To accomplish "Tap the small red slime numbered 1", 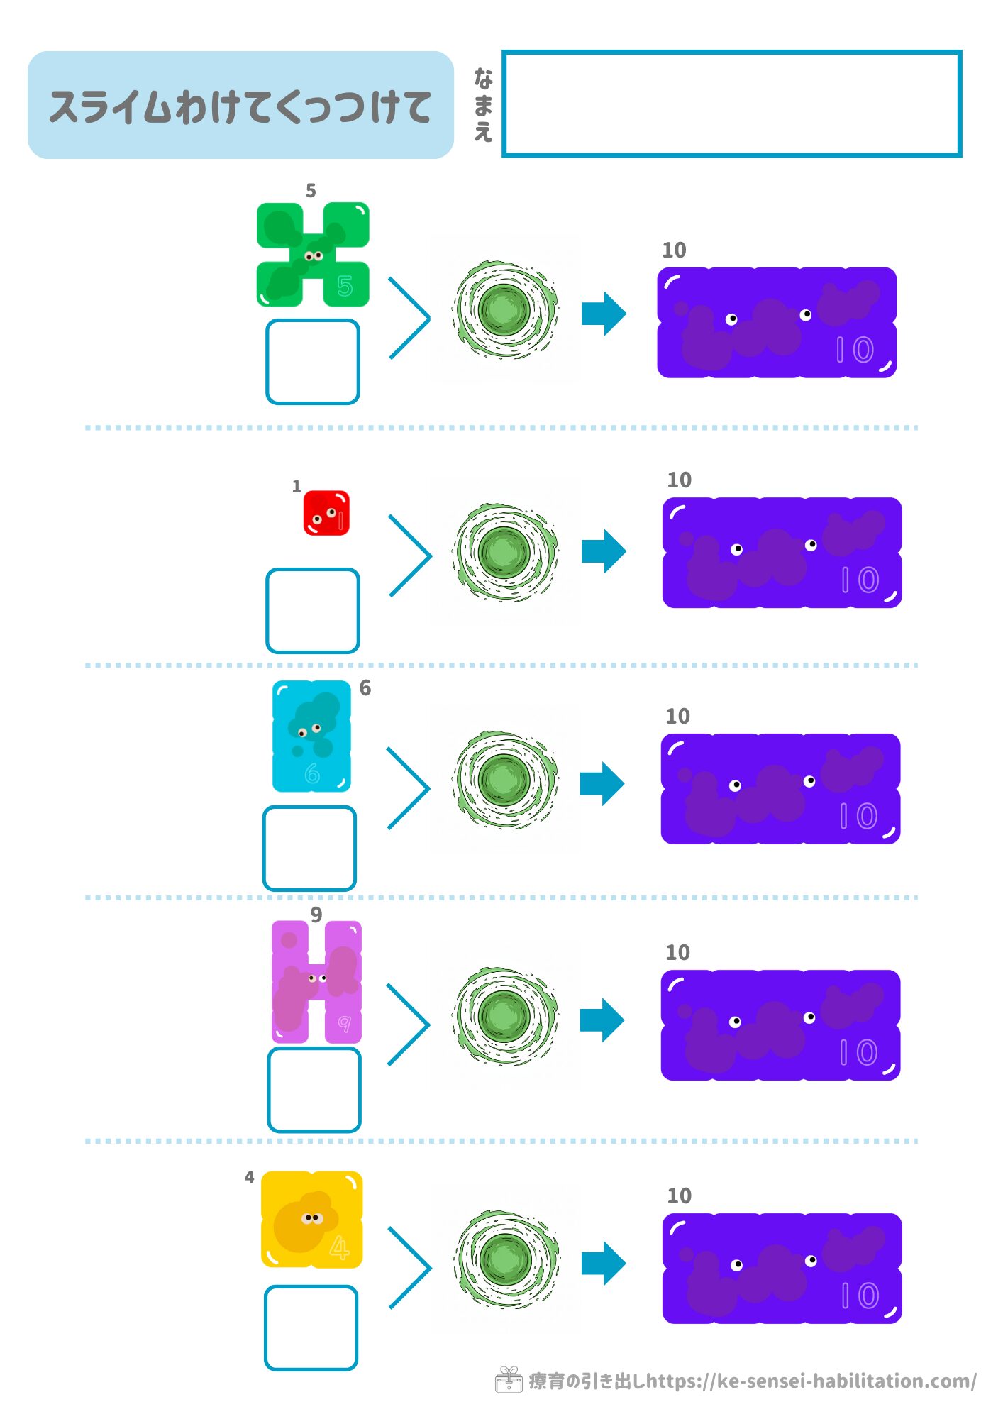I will point(326,512).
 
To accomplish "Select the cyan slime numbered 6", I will point(311,736).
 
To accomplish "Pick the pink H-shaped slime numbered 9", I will point(316,982).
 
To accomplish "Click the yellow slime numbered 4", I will point(312,1220).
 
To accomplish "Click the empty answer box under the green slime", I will point(313,362).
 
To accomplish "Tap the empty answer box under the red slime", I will point(313,610).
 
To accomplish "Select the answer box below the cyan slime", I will point(310,848).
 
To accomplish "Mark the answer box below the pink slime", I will point(314,1090).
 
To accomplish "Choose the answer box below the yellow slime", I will point(311,1327).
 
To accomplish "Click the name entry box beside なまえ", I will point(731,104).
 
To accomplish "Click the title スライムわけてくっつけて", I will point(240,106).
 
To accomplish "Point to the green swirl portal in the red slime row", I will point(505,552).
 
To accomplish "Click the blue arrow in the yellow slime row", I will point(604,1263).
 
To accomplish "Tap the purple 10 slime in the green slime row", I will point(777,323).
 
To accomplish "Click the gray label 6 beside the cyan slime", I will point(365,688).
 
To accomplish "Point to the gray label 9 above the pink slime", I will point(316,915).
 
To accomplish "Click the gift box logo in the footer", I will point(509,1380).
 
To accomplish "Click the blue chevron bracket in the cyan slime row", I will point(410,788).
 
